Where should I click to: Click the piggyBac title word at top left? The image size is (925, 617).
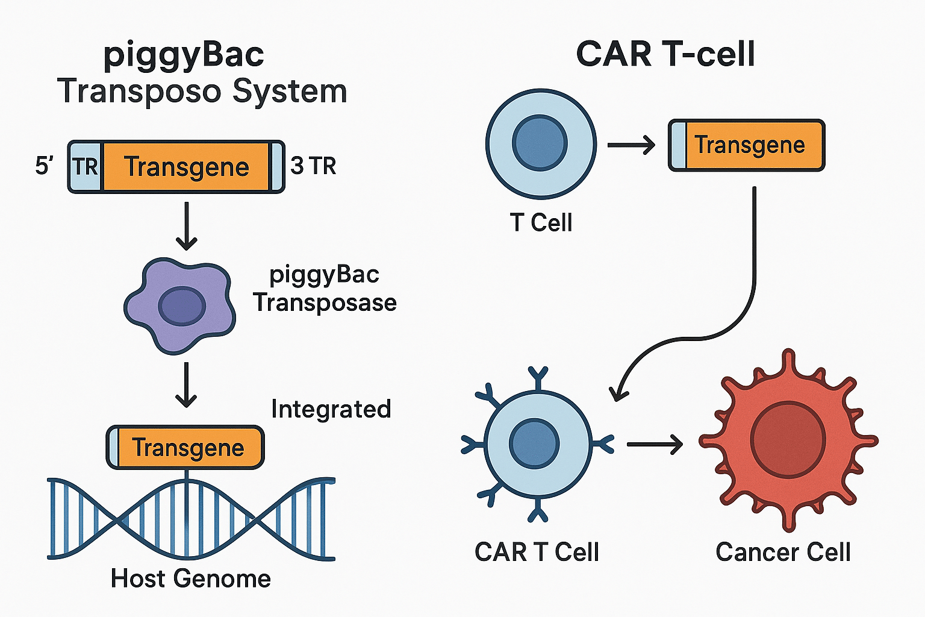click(184, 55)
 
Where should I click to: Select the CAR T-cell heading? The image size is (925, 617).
click(665, 54)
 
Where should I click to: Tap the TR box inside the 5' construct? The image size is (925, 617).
click(85, 166)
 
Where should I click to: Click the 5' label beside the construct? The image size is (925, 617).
click(45, 166)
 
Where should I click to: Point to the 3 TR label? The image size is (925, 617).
click(313, 166)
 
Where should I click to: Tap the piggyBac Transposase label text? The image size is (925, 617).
click(325, 289)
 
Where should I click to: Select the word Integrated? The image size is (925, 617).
click(331, 409)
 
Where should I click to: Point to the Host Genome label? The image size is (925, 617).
click(191, 578)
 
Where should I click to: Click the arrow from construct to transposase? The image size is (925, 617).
click(187, 226)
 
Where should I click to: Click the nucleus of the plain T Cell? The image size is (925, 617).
click(540, 143)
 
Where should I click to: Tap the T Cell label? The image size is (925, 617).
click(541, 222)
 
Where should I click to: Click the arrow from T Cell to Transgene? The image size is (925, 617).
click(631, 145)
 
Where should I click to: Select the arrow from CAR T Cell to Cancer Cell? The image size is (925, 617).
click(655, 445)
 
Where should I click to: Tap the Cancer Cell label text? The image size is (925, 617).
click(783, 552)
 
